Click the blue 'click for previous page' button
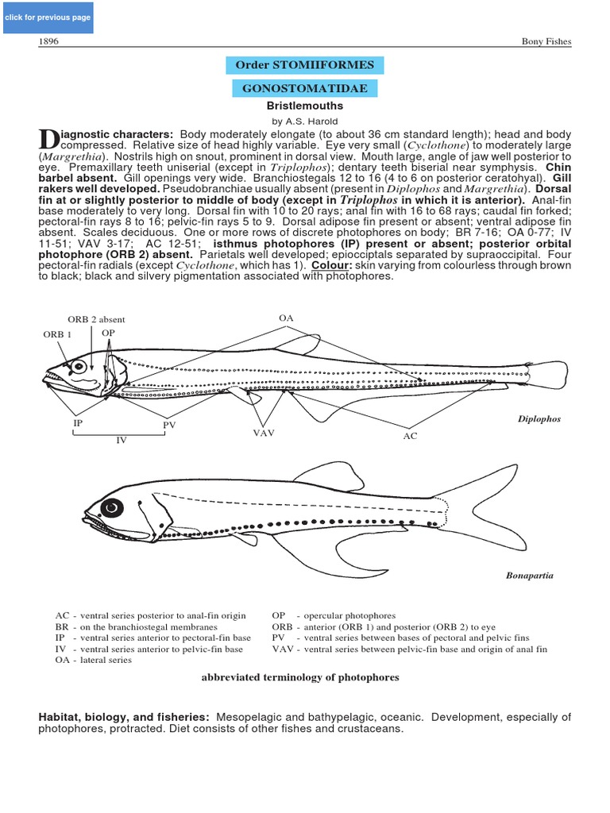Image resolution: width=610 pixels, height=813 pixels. (48, 17)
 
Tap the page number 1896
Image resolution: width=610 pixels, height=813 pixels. (49, 41)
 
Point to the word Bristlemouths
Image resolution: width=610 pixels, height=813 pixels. (304, 106)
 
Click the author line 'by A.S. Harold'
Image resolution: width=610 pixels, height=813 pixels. (304, 121)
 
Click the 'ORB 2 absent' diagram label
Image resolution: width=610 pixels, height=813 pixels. (96, 319)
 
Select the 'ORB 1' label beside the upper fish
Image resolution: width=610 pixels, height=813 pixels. (57, 334)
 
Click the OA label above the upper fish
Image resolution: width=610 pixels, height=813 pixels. (287, 318)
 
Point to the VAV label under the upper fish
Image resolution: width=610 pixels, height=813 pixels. (264, 433)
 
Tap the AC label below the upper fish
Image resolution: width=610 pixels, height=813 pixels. (410, 436)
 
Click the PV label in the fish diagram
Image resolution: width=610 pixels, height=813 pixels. (169, 426)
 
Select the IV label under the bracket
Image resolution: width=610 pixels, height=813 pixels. (122, 439)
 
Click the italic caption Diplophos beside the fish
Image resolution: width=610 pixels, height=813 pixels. (539, 419)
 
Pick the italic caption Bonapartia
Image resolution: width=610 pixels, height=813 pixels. (530, 575)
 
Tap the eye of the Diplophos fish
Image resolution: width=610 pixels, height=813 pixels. (79, 368)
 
